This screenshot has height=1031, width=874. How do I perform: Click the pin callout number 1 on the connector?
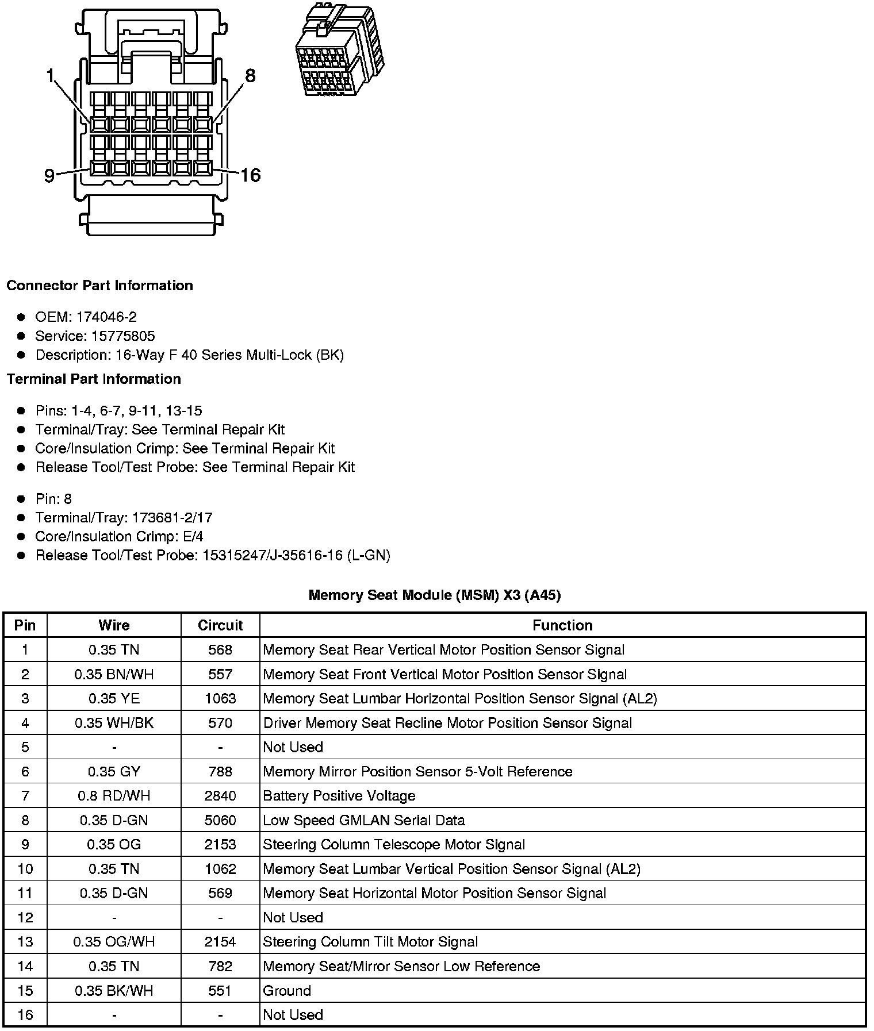click(x=50, y=75)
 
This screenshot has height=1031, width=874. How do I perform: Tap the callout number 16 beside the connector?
click(x=251, y=175)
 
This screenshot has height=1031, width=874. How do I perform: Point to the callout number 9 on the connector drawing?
click(x=49, y=175)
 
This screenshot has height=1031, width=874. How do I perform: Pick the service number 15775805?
click(x=123, y=336)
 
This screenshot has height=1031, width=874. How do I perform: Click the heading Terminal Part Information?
click(x=94, y=379)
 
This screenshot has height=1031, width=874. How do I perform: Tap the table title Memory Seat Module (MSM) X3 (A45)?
click(x=435, y=595)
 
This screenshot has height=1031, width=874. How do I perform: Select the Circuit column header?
click(x=220, y=625)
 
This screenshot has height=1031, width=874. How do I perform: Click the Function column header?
click(x=562, y=625)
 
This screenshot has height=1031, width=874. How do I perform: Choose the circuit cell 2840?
click(x=220, y=796)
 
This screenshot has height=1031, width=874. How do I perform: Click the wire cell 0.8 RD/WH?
click(x=114, y=796)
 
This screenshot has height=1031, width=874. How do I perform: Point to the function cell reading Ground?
click(x=287, y=991)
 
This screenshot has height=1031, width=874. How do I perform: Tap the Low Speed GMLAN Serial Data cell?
click(x=364, y=820)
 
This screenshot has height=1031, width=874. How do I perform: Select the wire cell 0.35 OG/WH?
click(x=114, y=942)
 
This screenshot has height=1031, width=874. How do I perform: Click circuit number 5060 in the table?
click(x=220, y=820)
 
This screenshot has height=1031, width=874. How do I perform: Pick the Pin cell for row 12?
click(x=25, y=918)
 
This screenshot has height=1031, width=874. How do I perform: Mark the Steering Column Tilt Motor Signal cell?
click(x=370, y=942)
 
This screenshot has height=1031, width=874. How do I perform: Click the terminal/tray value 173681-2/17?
click(x=172, y=518)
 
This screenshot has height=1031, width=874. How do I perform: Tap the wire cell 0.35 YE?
click(x=114, y=698)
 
